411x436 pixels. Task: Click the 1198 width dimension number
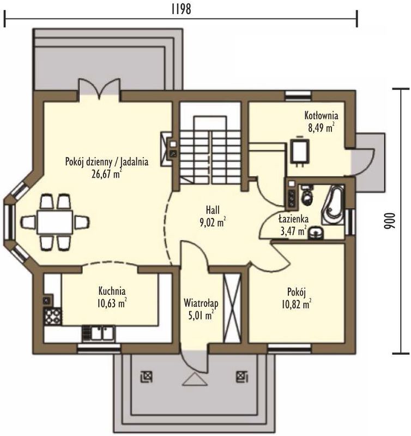tap(182, 9)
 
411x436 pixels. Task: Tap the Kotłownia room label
tap(321, 115)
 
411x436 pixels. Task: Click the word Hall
tap(213, 210)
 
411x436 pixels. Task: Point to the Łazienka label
tap(294, 219)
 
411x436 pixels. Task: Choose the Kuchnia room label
tap(112, 291)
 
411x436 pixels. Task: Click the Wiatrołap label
tap(201, 303)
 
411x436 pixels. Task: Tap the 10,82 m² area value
tap(296, 305)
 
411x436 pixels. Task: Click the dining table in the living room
tap(55, 222)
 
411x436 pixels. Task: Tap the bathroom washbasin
tap(316, 233)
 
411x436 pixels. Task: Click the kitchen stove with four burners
tap(52, 316)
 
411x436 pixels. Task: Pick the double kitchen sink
tap(99, 333)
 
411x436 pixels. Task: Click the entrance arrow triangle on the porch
tap(196, 379)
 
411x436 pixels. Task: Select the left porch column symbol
tap(147, 377)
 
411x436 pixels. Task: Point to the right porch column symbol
tap(242, 377)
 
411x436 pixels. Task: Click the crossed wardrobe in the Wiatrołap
tap(232, 308)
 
